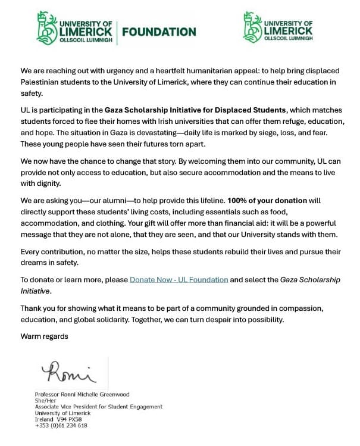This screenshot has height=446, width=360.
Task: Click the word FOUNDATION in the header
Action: [158, 32]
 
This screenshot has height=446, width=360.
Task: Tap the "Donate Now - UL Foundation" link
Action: [179, 279]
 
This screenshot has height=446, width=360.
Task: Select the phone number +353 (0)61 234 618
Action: [61, 425]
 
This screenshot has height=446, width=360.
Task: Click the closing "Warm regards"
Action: [45, 336]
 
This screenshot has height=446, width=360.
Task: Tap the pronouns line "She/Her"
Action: [45, 401]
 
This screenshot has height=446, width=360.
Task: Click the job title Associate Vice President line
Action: [99, 407]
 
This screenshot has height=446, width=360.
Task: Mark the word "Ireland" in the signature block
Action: [45, 419]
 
